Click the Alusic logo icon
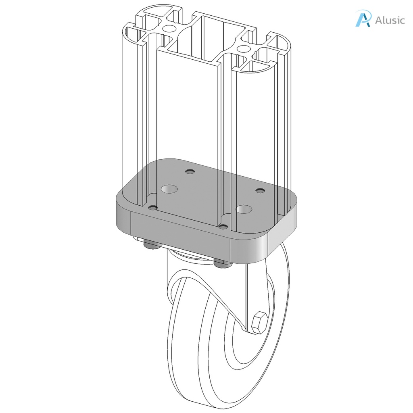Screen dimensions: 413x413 tap(363, 19)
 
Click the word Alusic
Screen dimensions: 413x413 tap(390, 20)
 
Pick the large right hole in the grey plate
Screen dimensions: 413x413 tap(244, 209)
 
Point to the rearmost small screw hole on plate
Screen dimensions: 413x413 tap(190, 172)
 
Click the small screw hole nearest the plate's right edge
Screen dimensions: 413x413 tap(261, 190)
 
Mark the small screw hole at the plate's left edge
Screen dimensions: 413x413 tap(152, 207)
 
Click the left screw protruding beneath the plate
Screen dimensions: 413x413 tap(151, 245)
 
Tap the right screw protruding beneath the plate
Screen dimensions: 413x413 tap(221, 264)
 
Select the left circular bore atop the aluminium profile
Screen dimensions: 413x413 tap(169, 29)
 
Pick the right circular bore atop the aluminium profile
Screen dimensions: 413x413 tap(243, 49)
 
